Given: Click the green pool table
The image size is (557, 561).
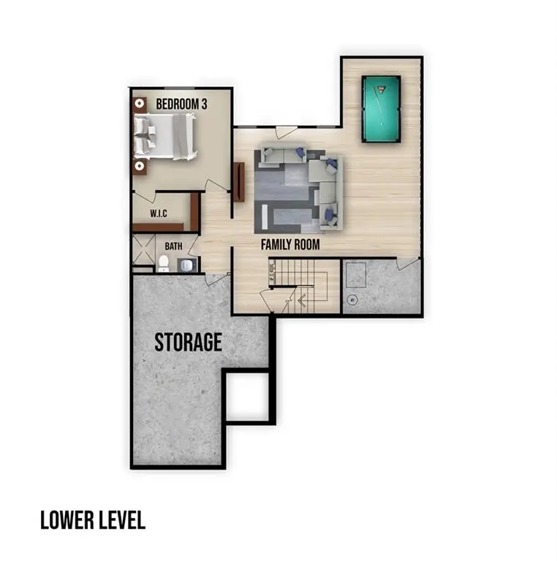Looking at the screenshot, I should click(x=381, y=109).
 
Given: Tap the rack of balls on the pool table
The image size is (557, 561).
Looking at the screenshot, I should click(x=381, y=91).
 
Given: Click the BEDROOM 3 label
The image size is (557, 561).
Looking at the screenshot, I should click(x=181, y=104).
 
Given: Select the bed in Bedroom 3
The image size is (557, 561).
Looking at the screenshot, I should click(x=166, y=135).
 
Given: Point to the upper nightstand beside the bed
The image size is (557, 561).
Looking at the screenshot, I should click(x=139, y=104).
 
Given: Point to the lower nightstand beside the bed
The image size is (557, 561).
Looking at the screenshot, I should click(x=139, y=166).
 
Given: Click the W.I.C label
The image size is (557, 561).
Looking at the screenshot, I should click(x=159, y=213).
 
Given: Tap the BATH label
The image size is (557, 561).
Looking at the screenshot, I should click(x=173, y=247).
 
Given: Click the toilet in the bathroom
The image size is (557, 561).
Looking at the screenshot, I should click(x=164, y=263).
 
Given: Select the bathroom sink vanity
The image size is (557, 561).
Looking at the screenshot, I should click(x=187, y=264).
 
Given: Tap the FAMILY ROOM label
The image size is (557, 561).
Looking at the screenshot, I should click(x=290, y=245).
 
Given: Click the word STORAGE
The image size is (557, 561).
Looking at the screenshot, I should click(x=188, y=342).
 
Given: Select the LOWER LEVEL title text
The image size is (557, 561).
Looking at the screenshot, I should click(x=92, y=520).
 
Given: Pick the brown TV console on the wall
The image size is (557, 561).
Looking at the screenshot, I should click(x=238, y=182).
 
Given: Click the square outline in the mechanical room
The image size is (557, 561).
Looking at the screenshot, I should click(x=356, y=275).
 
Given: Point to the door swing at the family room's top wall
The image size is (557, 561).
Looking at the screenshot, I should click(x=286, y=132).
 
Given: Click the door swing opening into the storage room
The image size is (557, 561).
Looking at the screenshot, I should click(x=216, y=278).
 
